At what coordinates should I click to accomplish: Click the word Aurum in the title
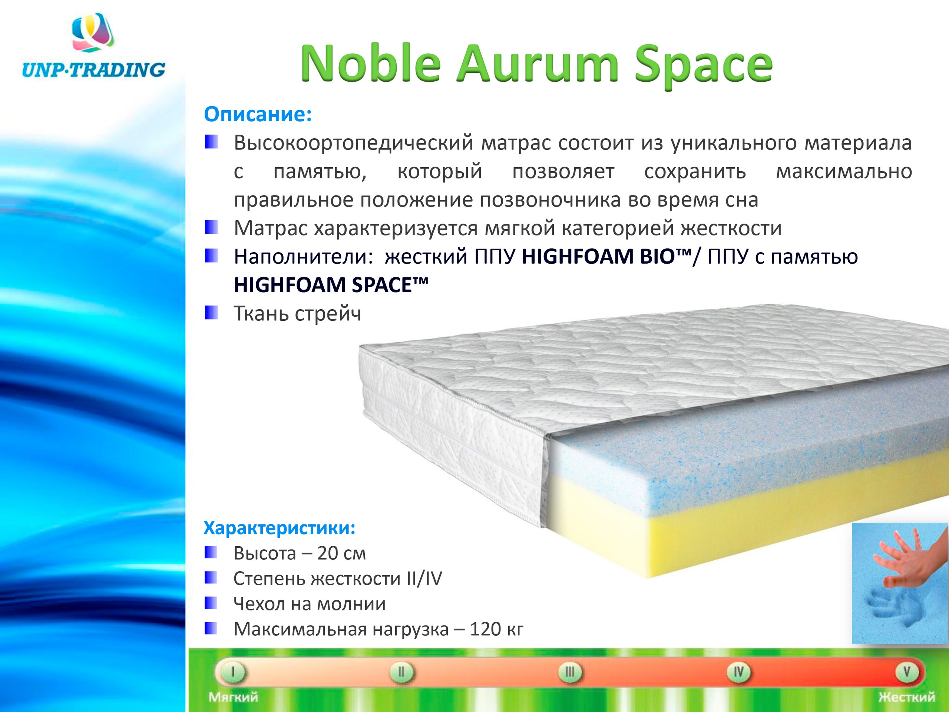click(x=537, y=65)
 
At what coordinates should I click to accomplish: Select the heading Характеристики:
click(x=279, y=528)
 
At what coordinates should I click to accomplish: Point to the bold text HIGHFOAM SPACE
click(x=331, y=285)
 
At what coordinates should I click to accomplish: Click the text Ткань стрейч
click(x=297, y=314)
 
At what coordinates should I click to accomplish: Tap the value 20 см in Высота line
click(x=341, y=554)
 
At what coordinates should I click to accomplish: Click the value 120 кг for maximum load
click(x=497, y=629)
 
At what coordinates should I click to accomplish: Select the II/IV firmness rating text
click(x=424, y=579)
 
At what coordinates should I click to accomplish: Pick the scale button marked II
click(x=401, y=672)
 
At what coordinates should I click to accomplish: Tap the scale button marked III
click(x=570, y=672)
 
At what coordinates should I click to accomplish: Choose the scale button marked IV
click(x=738, y=672)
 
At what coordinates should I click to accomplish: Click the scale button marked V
click(x=906, y=672)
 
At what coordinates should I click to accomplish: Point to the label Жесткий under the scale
click(x=906, y=696)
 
